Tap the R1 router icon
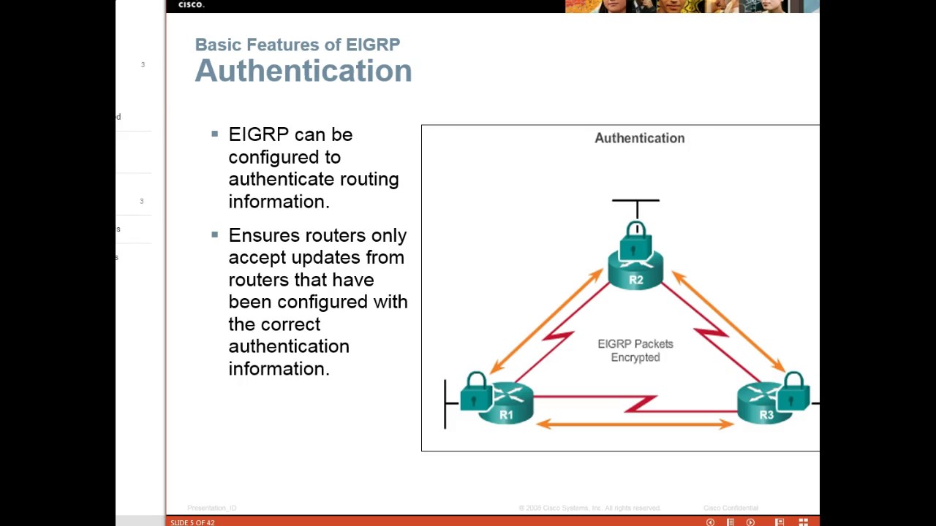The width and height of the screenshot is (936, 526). pos(506,406)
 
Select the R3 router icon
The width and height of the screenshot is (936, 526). pos(765,406)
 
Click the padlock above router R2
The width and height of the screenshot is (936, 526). pos(635,242)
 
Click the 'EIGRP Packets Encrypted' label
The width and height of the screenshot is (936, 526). pos(635,351)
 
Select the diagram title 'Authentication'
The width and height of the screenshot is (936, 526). pos(639,138)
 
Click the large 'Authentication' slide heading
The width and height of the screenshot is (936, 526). pos(303,71)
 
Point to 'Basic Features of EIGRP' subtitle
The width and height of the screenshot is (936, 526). pos(297,45)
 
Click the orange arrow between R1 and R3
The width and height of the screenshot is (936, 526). pos(635,424)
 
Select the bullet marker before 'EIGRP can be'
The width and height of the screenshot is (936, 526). pos(214,134)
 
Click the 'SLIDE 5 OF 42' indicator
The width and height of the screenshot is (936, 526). pos(192,522)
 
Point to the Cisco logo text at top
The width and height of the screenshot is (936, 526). pos(191,4)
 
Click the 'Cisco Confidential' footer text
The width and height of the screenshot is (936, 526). pos(731,508)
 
